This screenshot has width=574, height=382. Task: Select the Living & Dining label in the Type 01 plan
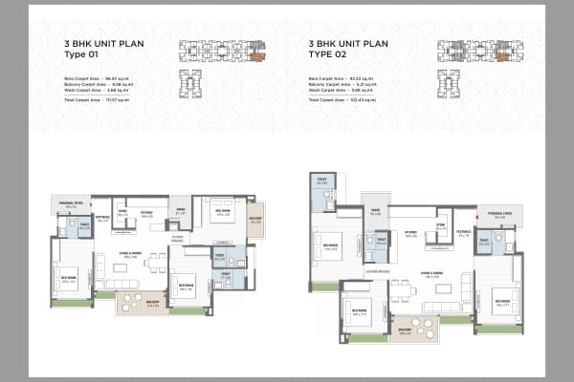point(129,254)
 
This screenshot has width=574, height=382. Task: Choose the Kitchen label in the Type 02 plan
point(409,232)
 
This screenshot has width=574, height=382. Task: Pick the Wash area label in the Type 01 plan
point(178,212)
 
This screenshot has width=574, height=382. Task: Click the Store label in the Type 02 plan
point(440,226)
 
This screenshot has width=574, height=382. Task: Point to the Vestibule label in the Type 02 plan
point(463,232)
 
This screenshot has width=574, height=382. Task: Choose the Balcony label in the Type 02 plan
point(405,332)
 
